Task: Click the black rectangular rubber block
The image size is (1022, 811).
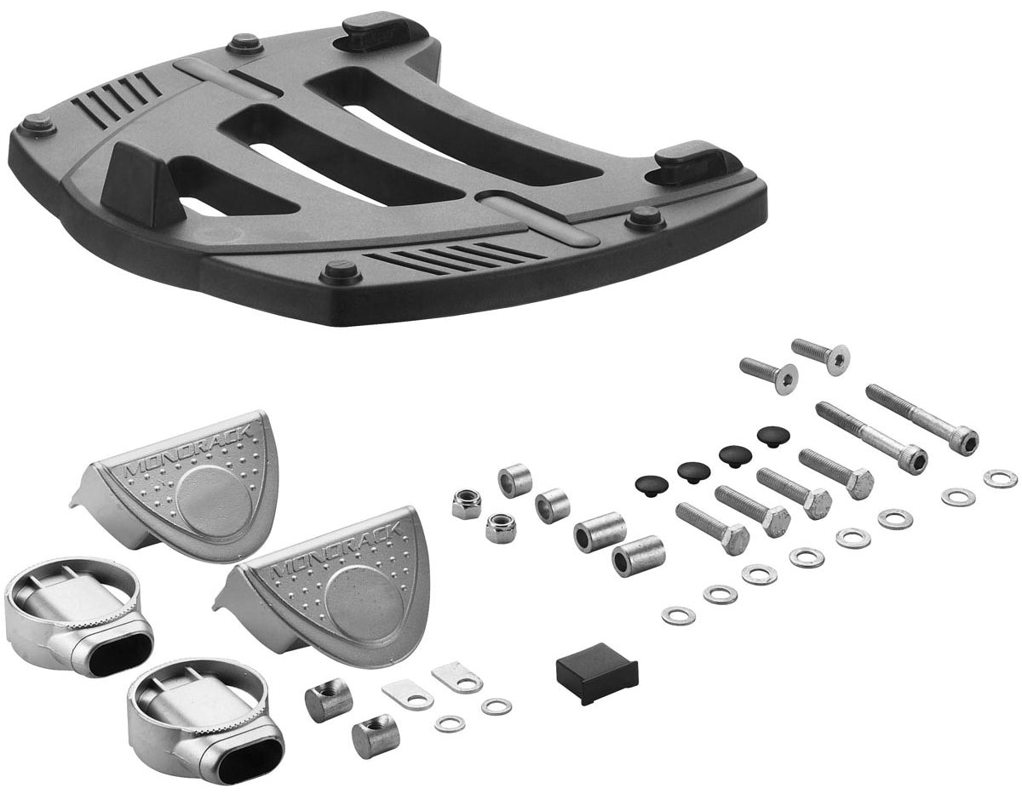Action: coord(597,670)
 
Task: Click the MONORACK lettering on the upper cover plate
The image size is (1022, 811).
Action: coord(191,451)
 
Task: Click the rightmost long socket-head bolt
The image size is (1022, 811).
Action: coord(922,419)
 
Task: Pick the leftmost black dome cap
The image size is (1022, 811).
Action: coord(652,485)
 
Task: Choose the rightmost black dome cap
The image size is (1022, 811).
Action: coord(773,434)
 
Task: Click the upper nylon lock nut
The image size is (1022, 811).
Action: coord(467,504)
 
